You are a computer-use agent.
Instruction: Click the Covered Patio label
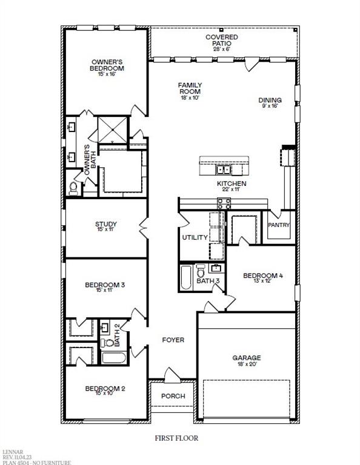222,41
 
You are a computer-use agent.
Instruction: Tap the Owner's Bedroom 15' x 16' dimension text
107,74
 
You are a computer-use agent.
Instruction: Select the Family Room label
190,88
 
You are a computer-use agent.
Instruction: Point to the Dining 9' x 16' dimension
270,105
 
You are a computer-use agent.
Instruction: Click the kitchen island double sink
224,170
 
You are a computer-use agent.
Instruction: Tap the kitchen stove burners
224,203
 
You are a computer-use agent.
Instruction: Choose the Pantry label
279,225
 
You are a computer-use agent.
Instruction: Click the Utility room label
195,237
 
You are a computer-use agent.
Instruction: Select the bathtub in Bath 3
186,277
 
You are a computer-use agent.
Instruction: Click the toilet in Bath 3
201,271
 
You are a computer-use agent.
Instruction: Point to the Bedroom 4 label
263,275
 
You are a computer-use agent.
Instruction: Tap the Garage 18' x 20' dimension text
247,364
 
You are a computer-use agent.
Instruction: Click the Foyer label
173,340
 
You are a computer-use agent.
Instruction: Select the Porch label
173,396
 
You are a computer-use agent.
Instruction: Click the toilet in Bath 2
107,343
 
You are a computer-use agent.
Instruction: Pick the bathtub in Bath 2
114,358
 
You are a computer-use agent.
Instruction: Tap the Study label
106,224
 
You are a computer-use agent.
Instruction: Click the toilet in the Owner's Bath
73,189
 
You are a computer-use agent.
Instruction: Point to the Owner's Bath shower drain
113,130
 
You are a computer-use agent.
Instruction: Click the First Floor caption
176,438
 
